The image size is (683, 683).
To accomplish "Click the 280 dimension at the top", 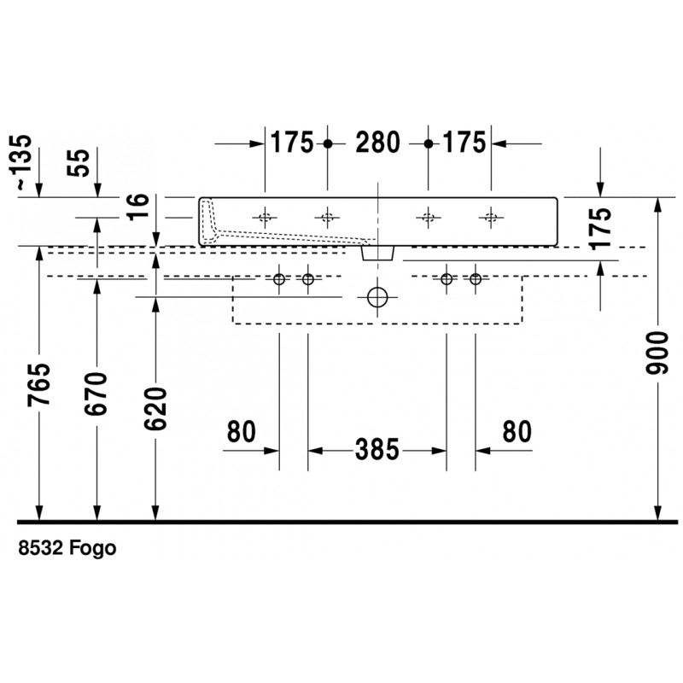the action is tap(377, 143).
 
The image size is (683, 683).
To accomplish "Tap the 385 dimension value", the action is tap(377, 450).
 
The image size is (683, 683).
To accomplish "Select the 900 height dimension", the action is tap(657, 353).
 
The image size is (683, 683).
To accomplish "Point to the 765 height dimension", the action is tap(38, 385).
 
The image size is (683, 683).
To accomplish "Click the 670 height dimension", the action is tap(96, 394).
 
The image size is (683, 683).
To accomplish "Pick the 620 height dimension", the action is tap(155, 409).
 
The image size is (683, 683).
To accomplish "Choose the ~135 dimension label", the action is tap(21, 162).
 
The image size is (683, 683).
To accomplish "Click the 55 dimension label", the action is tap(79, 163).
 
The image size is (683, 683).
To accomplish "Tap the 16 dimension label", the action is tap(138, 207).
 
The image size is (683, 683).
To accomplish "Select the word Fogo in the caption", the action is tap(93, 548).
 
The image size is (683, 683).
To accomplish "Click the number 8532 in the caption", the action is tap(41, 547).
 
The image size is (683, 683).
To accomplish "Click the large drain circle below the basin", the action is tap(377, 297).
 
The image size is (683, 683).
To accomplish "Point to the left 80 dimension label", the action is tap(241, 431).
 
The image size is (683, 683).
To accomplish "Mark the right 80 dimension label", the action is tap(517, 431).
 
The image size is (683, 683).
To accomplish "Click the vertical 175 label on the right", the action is tap(600, 228).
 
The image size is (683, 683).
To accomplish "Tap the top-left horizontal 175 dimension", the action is tap(292, 143).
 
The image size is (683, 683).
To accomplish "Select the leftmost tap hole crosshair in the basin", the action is tap(265, 217).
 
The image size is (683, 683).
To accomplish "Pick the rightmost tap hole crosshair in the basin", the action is tap(491, 217).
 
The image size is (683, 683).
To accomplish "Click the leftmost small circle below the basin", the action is tap(279, 279).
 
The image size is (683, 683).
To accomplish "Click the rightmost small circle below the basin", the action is tap(476, 279).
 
